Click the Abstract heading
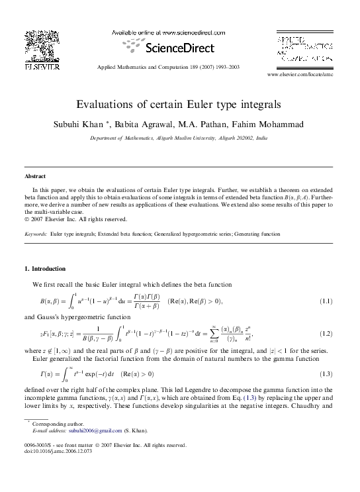[x=35, y=177]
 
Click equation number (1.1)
[x=326, y=302]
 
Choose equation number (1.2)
[x=326, y=334]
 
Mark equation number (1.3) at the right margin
[x=326, y=374]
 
